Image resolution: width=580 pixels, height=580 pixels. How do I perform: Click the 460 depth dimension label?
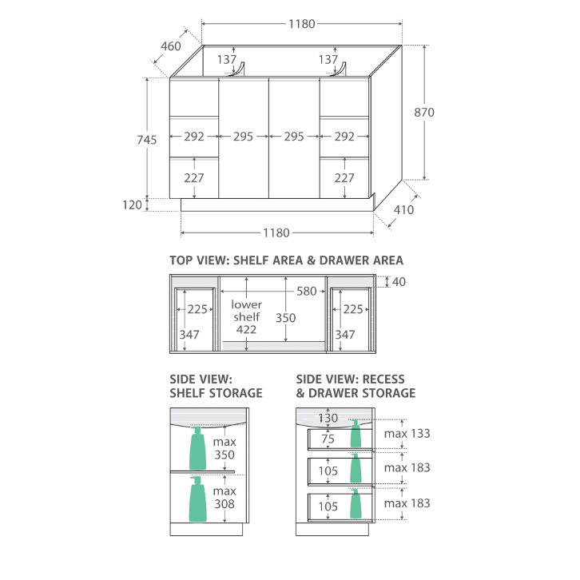(171, 46)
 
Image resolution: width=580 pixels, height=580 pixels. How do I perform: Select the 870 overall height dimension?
(424, 112)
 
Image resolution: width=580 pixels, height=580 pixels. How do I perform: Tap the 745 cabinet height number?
(147, 140)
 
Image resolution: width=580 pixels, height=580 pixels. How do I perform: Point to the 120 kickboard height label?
(132, 205)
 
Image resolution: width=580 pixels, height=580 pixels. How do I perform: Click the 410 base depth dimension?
(403, 210)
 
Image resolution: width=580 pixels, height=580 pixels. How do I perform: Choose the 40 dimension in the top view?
(399, 282)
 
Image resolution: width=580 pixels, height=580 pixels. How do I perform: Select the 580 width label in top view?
(307, 292)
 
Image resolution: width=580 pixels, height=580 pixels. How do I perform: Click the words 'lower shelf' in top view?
(246, 311)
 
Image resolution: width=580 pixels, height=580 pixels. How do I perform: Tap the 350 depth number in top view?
(285, 318)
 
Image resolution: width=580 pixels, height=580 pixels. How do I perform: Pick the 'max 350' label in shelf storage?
(224, 448)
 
